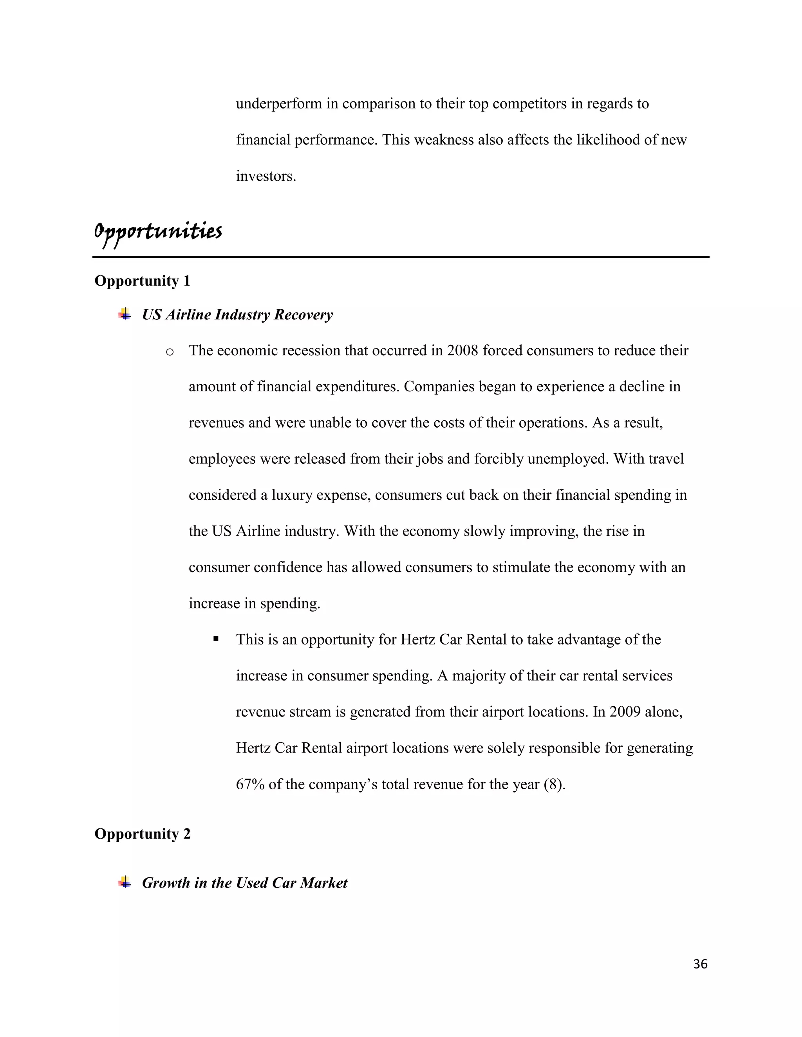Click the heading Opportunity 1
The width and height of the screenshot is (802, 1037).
point(142,281)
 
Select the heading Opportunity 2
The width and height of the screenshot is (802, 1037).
point(142,834)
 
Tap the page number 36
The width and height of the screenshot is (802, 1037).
point(700,964)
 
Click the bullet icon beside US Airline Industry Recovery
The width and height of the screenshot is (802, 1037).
point(125,314)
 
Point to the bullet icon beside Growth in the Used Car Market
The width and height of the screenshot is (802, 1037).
point(125,882)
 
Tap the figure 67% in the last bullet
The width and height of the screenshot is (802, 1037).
point(250,784)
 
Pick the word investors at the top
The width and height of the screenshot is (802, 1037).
point(266,176)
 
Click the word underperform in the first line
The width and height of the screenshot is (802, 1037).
point(279,104)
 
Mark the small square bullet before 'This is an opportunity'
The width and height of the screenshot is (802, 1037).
point(216,639)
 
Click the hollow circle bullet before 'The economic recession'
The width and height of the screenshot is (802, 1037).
point(169,352)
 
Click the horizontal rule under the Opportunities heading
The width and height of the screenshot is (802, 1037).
point(401,257)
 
